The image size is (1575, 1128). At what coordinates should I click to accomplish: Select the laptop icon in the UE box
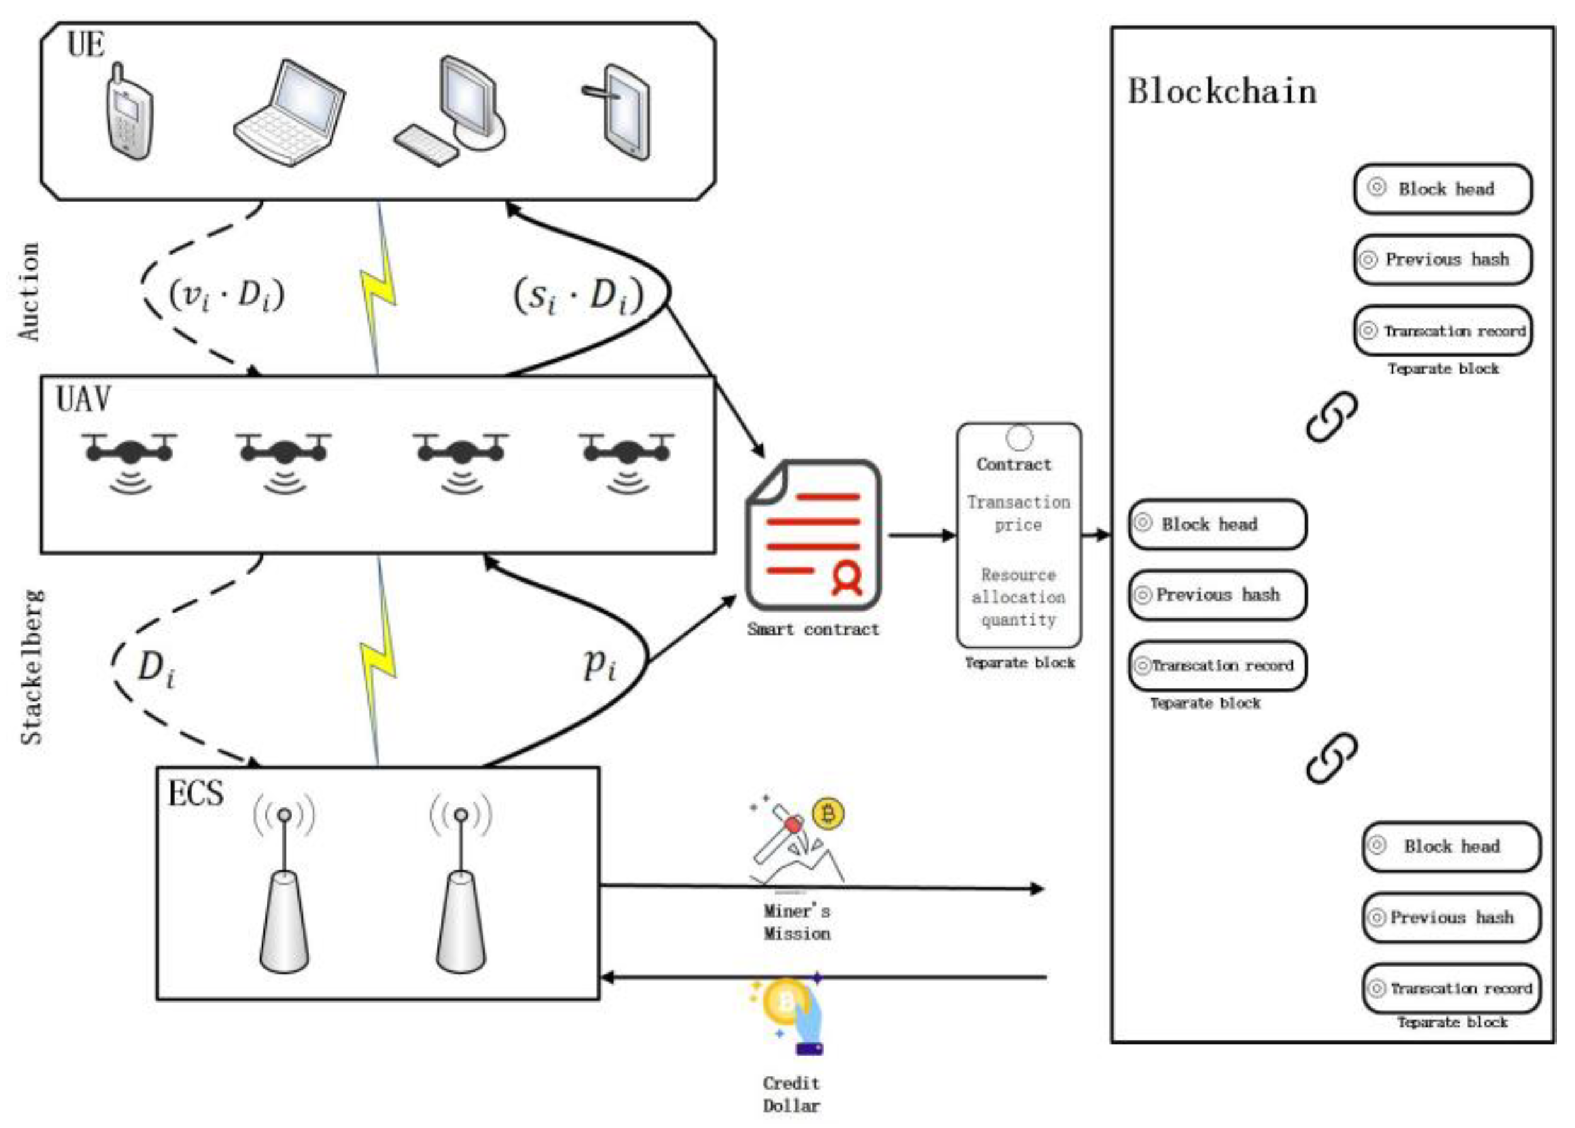click(289, 113)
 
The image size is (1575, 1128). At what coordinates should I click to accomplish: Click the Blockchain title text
click(1221, 91)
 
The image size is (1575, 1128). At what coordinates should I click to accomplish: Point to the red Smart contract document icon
click(813, 534)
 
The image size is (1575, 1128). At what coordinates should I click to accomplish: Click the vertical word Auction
click(29, 292)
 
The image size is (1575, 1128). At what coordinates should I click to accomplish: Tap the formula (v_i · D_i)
click(227, 295)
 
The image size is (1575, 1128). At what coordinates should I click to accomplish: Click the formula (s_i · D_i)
click(579, 296)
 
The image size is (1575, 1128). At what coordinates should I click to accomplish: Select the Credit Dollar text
click(791, 1094)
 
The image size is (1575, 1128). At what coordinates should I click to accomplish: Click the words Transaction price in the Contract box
click(1018, 513)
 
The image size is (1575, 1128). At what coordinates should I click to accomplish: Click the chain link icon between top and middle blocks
click(1331, 416)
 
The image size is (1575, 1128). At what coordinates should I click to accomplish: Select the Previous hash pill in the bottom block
click(1451, 917)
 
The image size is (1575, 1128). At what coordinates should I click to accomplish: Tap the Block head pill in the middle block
click(1216, 524)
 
